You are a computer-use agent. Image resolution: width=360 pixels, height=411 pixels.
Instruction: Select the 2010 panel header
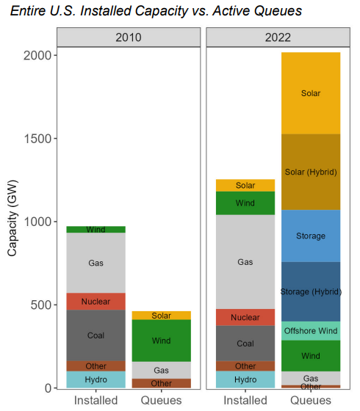pyautogui.click(x=128, y=37)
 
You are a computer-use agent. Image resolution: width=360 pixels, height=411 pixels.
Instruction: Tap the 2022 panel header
pyautogui.click(x=278, y=37)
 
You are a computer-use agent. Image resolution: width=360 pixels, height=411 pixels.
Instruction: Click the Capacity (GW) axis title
pyautogui.click(x=13, y=220)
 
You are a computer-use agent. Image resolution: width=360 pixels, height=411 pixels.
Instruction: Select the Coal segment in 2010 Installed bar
pyautogui.click(x=96, y=335)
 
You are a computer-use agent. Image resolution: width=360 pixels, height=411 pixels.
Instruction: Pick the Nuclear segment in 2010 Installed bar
pyautogui.click(x=96, y=301)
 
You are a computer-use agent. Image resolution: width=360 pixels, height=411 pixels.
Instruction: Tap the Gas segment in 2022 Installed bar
pyautogui.click(x=245, y=261)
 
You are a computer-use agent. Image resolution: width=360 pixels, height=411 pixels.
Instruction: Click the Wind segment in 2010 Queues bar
pyautogui.click(x=161, y=341)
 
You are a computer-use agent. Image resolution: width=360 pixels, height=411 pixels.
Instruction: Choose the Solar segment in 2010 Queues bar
pyautogui.click(x=161, y=316)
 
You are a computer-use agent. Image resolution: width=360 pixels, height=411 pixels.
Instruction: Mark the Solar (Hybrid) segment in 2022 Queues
pyautogui.click(x=311, y=172)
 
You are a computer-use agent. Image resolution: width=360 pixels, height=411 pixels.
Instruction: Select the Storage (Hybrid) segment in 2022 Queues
pyautogui.click(x=311, y=292)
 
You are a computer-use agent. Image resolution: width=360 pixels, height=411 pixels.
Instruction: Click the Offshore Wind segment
pyautogui.click(x=311, y=331)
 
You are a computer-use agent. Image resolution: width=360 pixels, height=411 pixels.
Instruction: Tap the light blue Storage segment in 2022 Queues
pyautogui.click(x=311, y=236)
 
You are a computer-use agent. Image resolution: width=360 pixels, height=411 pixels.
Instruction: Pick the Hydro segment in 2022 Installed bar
pyautogui.click(x=245, y=379)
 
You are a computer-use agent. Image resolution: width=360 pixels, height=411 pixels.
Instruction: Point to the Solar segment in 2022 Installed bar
pyautogui.click(x=245, y=186)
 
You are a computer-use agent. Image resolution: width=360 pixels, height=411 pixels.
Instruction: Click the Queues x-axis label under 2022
pyautogui.click(x=311, y=400)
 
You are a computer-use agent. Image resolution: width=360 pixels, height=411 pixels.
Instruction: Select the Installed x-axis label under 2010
pyautogui.click(x=96, y=400)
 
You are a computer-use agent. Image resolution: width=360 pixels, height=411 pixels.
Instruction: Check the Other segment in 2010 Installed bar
pyautogui.click(x=96, y=365)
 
